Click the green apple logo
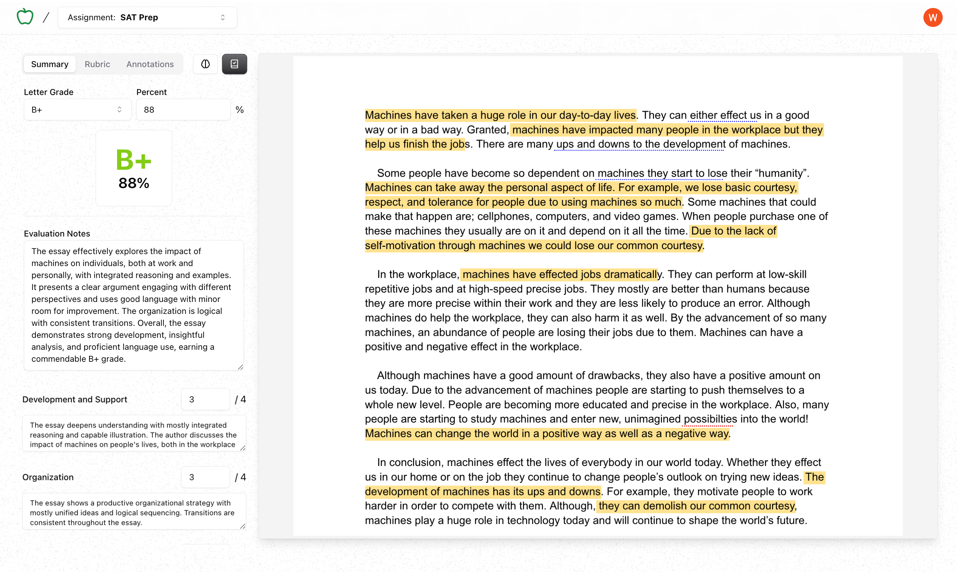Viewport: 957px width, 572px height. [25, 17]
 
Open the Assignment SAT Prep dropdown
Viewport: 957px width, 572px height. [147, 17]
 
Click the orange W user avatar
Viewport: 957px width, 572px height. [932, 17]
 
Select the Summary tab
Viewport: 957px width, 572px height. [50, 64]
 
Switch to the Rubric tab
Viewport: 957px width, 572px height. [97, 64]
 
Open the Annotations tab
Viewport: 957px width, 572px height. [150, 64]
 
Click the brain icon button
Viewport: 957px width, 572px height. [205, 64]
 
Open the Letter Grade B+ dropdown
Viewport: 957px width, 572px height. [77, 110]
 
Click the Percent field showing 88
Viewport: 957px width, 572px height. [183, 110]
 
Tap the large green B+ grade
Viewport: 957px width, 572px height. [133, 160]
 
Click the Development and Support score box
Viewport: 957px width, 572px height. [205, 399]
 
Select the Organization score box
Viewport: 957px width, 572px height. [205, 477]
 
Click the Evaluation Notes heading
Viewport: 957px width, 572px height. [57, 234]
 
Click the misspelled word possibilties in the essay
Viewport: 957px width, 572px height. [710, 419]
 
